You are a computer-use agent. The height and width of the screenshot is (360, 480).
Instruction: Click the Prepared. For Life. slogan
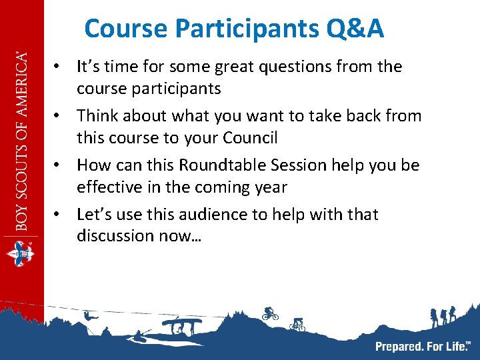(422, 346)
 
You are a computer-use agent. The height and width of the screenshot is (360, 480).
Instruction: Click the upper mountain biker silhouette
(270, 313)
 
